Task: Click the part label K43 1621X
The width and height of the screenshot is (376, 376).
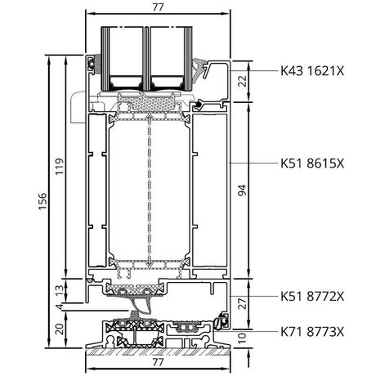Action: coord(312,71)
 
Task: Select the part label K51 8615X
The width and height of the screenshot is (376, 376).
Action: coord(312,163)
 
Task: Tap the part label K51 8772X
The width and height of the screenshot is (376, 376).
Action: coord(312,296)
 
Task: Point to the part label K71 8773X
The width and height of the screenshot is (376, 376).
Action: coord(312,332)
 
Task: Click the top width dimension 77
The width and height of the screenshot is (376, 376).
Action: coord(158,7)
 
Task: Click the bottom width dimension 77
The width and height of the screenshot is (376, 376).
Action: coord(158,362)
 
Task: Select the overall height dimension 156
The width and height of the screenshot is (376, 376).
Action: coord(43,201)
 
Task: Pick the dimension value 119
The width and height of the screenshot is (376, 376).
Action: coord(59,167)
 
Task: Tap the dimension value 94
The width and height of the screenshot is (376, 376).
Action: coord(242,190)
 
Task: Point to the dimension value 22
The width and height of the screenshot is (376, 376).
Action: coord(242,81)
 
